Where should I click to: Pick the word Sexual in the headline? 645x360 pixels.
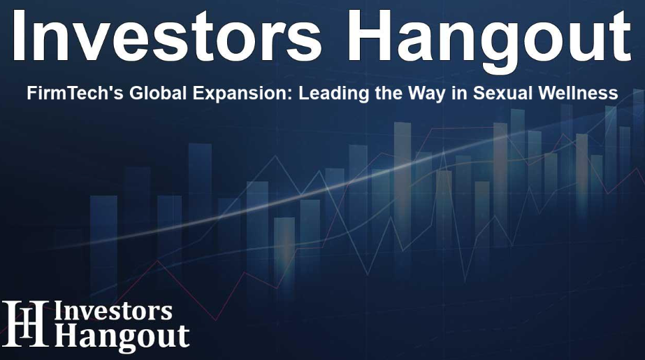point(500,94)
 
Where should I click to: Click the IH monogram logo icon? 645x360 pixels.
point(25,324)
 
